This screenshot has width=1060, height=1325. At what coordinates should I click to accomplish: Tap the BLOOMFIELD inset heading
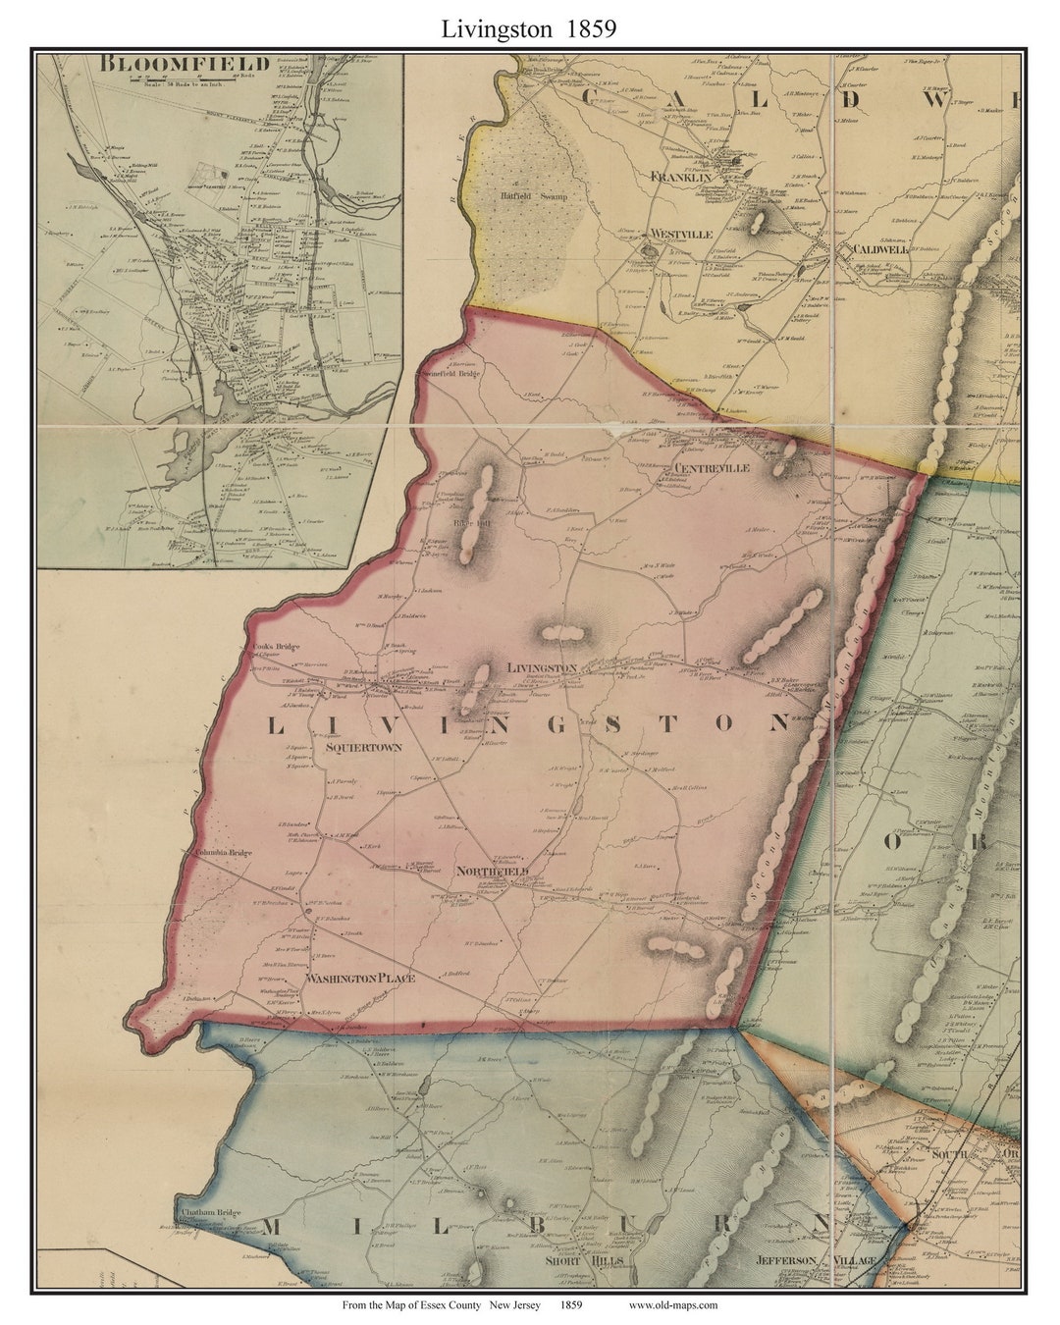pyautogui.click(x=185, y=65)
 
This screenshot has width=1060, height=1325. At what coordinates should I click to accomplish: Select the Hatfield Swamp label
pyautogui.click(x=520, y=194)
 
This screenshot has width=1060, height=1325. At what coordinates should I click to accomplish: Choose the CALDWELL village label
pyautogui.click(x=879, y=249)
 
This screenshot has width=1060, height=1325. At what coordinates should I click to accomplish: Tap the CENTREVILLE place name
pyautogui.click(x=712, y=468)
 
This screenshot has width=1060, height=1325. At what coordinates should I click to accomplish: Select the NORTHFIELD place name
pyautogui.click(x=493, y=872)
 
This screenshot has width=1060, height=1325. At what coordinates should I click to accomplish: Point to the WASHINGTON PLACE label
pyautogui.click(x=359, y=979)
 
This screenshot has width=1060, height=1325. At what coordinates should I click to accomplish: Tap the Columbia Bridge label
pyautogui.click(x=223, y=853)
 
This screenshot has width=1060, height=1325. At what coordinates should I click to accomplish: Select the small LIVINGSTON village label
pyautogui.click(x=542, y=667)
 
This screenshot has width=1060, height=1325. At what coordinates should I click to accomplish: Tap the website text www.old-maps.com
pyautogui.click(x=672, y=1304)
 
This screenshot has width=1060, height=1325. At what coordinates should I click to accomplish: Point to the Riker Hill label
pyautogui.click(x=463, y=521)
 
